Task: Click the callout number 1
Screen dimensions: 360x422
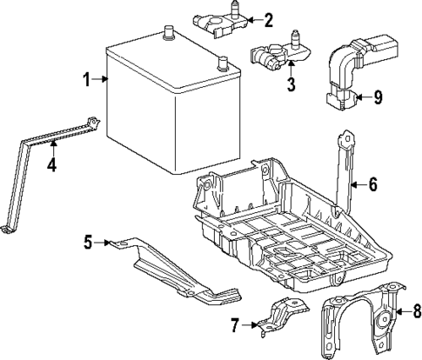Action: tap(87, 81)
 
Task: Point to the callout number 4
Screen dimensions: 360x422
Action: tap(51, 163)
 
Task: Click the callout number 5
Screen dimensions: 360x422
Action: tap(87, 242)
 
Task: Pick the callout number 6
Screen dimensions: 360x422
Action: tap(372, 183)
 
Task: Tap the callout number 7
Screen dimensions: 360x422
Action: tap(233, 325)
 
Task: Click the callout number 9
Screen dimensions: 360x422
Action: tap(377, 98)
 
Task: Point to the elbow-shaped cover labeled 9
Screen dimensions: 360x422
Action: tap(348, 74)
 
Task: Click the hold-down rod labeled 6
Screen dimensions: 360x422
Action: tap(345, 170)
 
